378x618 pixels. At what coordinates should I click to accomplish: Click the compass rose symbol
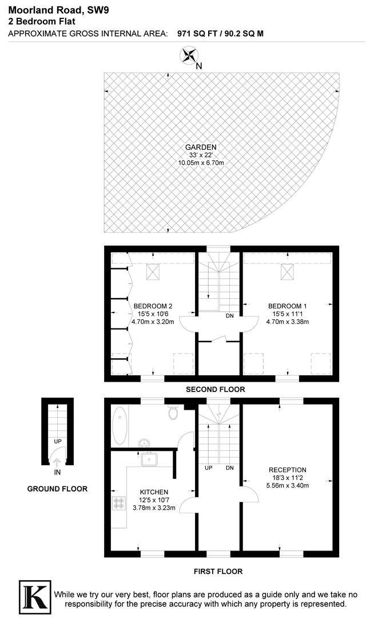coord(189,56)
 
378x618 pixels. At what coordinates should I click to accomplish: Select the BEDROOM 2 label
coord(153,306)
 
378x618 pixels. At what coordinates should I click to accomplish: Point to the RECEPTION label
coord(288,470)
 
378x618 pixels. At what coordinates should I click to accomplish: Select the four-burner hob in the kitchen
coord(120,504)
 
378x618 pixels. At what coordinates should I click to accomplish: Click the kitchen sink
coord(151,458)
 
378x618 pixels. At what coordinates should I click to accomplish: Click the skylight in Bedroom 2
coord(153,271)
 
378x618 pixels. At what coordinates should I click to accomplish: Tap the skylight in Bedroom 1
coord(288,271)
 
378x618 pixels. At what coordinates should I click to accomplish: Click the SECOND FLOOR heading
coord(215,389)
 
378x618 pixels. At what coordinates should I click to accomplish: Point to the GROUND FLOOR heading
coord(57,489)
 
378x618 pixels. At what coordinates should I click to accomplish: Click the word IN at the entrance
coord(57,472)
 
